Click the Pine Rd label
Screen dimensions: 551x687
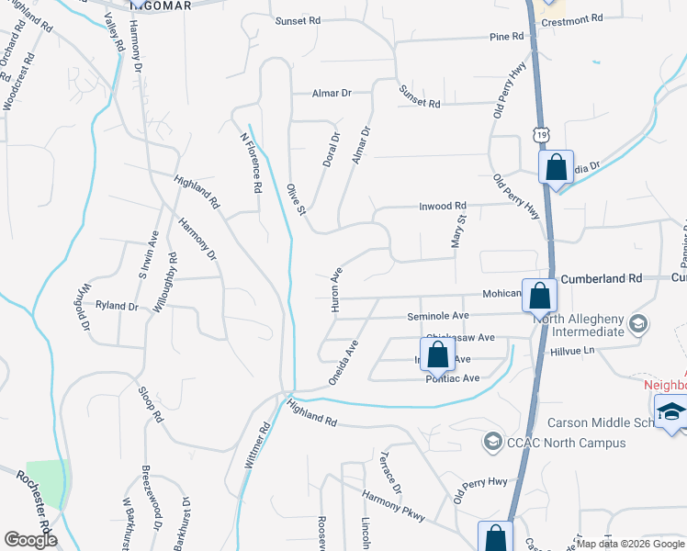pyautogui.click(x=506, y=37)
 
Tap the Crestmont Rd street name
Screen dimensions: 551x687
pyautogui.click(x=571, y=18)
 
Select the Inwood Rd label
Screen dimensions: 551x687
pyautogui.click(x=444, y=206)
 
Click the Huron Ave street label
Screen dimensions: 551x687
pyautogui.click(x=336, y=289)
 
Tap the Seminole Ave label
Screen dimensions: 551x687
pyautogui.click(x=438, y=315)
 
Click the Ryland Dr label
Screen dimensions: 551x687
pyautogui.click(x=116, y=305)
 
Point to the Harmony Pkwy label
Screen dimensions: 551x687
pyautogui.click(x=393, y=507)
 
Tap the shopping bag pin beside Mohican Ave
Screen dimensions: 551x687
pyautogui.click(x=540, y=296)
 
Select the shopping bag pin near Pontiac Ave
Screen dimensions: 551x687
pyautogui.click(x=437, y=354)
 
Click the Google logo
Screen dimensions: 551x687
pyautogui.click(x=30, y=540)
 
